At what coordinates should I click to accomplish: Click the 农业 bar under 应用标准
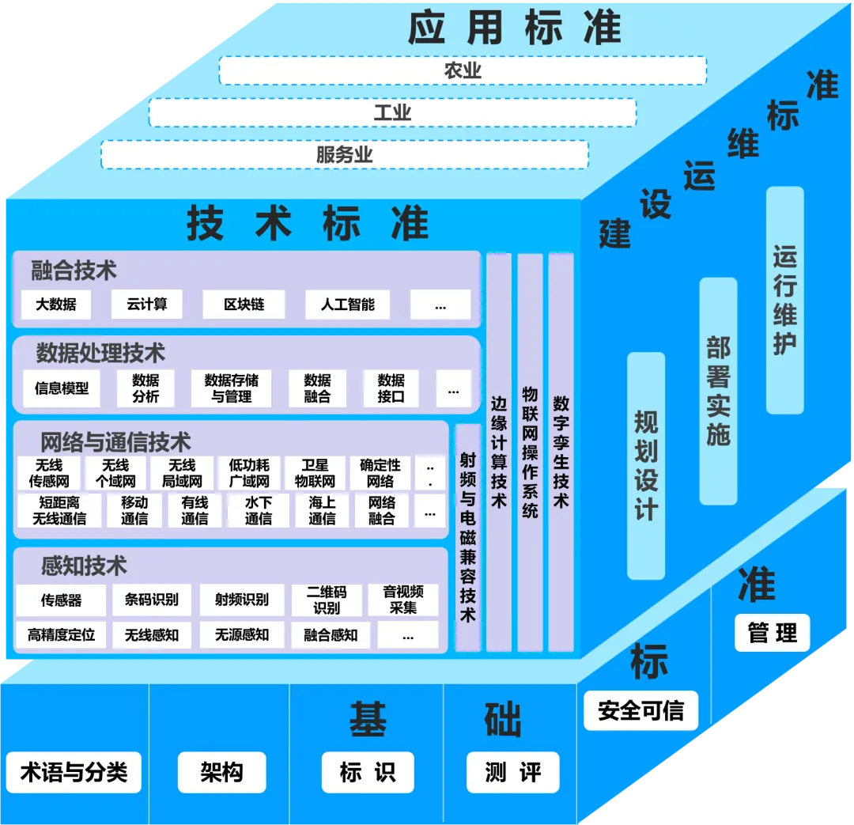click(x=463, y=71)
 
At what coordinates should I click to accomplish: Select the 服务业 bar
click(x=345, y=154)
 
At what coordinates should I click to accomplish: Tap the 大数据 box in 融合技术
click(x=56, y=305)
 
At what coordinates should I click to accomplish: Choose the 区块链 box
click(x=244, y=305)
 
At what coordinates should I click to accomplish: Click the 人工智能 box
click(x=348, y=305)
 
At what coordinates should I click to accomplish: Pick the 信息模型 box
click(x=62, y=388)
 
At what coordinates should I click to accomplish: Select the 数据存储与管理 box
click(x=231, y=388)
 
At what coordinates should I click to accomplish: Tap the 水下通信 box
click(x=258, y=511)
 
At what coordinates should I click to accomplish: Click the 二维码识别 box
click(x=327, y=600)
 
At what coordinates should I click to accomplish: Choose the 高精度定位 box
click(x=61, y=634)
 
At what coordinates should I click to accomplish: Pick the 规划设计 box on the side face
click(x=646, y=465)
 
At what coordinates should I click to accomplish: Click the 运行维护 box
click(x=784, y=301)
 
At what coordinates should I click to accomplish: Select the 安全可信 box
click(x=640, y=710)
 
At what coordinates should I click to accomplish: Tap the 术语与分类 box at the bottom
click(x=74, y=772)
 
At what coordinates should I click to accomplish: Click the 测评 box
click(x=513, y=772)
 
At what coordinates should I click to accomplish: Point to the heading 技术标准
click(x=308, y=224)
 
